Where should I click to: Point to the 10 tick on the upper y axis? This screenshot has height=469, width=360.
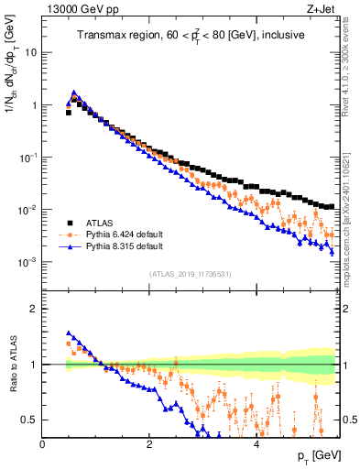click(30, 52)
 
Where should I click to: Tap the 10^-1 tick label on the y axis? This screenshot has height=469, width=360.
click(27, 158)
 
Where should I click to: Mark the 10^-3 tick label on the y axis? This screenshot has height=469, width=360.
click(27, 262)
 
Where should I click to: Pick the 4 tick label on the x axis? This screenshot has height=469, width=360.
click(256, 443)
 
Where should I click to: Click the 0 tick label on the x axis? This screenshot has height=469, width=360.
click(43, 443)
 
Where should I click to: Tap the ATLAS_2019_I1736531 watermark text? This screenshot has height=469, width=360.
click(190, 274)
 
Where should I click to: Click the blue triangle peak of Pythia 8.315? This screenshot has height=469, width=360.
click(73, 93)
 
